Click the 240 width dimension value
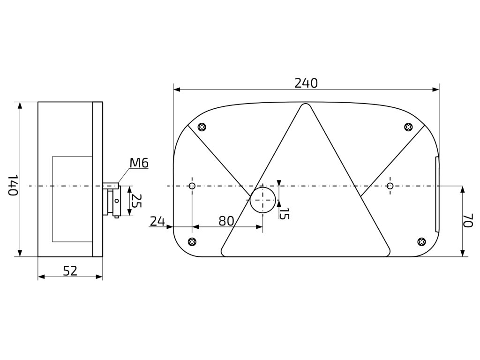pos(306,83)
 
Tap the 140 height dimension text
pos(14,185)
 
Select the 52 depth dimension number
pos(70,270)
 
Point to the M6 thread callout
pos(139,163)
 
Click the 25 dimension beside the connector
pos(136,201)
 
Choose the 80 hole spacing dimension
pos(226,221)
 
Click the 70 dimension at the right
pos(467,221)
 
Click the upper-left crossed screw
pos(202,127)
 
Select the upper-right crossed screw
pos(408,127)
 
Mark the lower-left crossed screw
pos(191,241)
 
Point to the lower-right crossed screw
pos(421,241)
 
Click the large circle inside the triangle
pos(262,201)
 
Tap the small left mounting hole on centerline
pos(192,186)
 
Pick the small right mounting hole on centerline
pos(390,186)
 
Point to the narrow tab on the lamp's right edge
pos(437,195)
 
